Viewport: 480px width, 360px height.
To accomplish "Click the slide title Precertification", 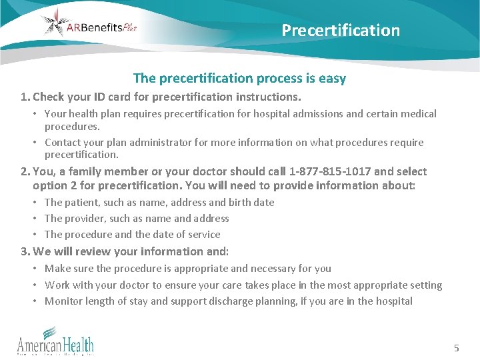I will point(341,31).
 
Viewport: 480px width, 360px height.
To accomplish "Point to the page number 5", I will point(457,347).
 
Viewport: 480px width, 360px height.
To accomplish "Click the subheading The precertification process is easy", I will point(239,79).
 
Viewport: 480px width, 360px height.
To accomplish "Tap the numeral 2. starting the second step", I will point(25,171).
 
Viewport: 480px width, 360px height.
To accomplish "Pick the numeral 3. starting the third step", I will point(25,251).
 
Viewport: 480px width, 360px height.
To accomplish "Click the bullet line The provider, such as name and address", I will point(137,218).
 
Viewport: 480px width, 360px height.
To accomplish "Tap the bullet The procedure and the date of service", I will point(132,234).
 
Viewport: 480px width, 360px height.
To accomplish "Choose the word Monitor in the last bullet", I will point(63,301).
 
